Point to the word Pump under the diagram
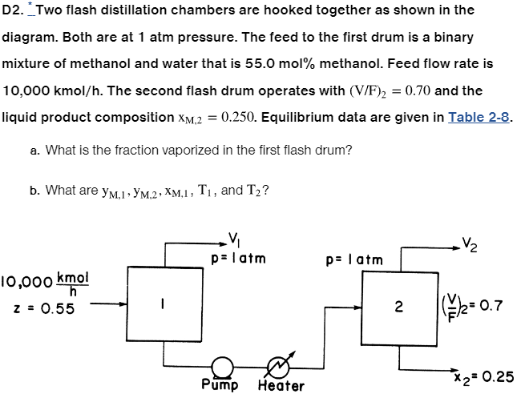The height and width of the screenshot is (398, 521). [222, 385]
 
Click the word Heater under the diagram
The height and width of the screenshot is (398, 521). [281, 386]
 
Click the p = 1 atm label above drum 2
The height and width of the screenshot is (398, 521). [354, 259]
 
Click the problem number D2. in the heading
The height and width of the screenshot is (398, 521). [14, 11]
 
